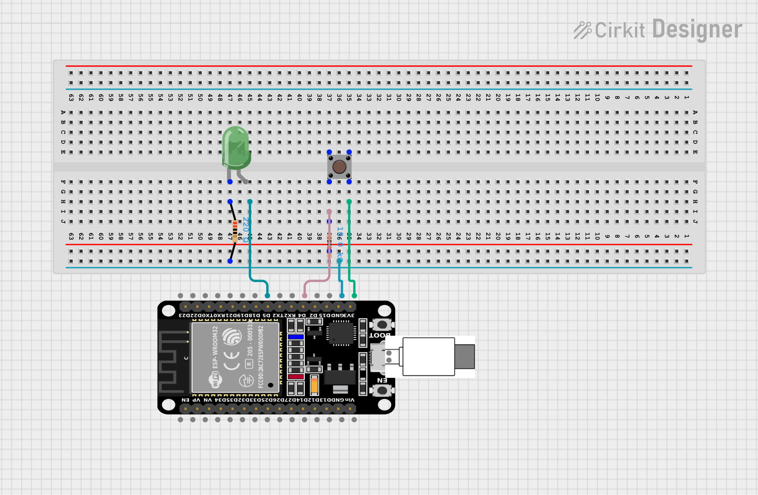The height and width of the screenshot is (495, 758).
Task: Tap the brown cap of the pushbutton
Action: point(339,167)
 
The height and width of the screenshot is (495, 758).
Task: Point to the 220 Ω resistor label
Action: point(245,230)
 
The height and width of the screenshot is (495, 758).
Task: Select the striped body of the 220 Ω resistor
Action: point(235,231)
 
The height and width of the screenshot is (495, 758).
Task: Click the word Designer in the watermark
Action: point(697,30)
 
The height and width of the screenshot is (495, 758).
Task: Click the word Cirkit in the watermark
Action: point(619,30)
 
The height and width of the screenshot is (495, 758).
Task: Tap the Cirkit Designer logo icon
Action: point(582,30)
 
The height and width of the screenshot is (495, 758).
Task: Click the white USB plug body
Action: point(428,357)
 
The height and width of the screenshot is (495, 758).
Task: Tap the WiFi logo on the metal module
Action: point(215,379)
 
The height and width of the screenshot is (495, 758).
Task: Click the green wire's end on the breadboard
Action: point(349,202)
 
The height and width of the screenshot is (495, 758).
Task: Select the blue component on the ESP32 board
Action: point(296,337)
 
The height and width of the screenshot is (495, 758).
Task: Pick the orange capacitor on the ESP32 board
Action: point(314,385)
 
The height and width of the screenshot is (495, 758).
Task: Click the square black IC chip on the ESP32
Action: point(341,333)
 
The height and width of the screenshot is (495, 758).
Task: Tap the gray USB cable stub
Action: point(464,357)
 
